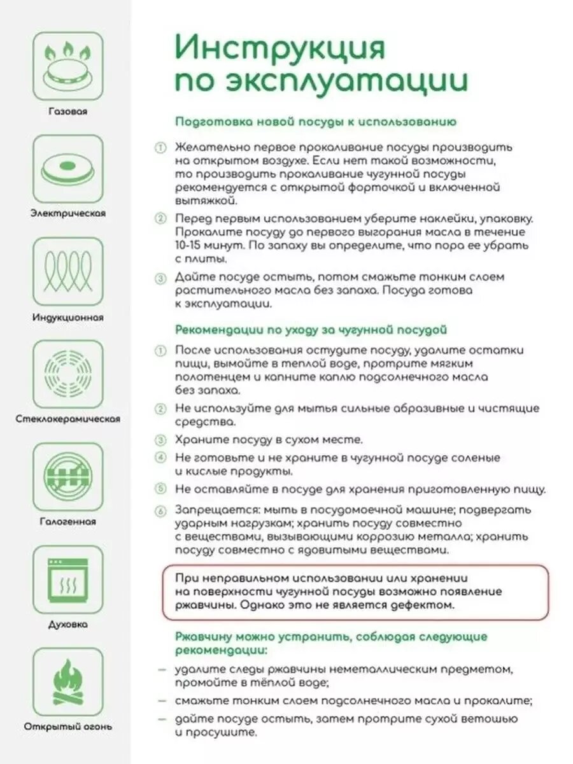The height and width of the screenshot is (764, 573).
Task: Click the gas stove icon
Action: coord(67,64)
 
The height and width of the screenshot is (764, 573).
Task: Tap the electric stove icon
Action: coord(67,167)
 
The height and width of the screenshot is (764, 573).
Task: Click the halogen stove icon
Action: coord(67,476)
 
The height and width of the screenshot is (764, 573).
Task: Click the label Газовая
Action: coord(67,111)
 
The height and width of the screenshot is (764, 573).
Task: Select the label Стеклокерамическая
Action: coord(67,420)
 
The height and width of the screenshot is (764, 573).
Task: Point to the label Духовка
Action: coord(67,625)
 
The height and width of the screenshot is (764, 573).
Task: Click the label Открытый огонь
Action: coord(67,726)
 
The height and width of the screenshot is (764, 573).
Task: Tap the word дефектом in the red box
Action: coord(426,605)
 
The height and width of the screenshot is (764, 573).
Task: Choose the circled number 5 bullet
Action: coord(160,489)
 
